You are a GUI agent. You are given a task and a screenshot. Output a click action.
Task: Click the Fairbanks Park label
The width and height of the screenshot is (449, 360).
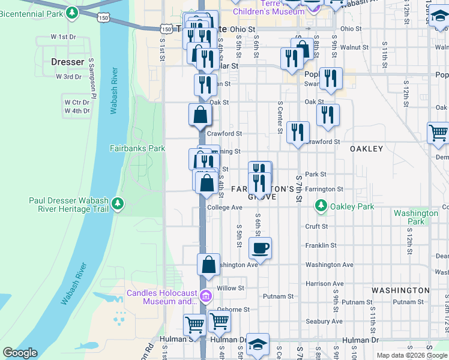137,148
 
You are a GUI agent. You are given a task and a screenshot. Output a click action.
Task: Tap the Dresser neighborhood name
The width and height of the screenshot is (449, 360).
67,62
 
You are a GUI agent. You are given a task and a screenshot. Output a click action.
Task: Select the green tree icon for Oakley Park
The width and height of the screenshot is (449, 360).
321,206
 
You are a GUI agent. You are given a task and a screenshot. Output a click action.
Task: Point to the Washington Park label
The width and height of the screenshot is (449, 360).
415,217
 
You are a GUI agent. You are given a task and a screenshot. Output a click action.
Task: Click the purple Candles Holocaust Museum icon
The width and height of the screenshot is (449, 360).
206,296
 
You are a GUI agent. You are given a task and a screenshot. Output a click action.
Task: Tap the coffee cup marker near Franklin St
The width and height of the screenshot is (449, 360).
260,247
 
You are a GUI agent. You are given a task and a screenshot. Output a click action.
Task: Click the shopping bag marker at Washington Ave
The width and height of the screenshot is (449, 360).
208,265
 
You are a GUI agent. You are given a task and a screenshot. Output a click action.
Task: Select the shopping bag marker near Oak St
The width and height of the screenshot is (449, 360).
200,114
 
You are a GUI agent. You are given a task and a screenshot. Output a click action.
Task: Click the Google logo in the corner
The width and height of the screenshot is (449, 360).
20,353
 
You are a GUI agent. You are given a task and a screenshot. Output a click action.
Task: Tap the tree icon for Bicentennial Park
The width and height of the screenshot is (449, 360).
72,12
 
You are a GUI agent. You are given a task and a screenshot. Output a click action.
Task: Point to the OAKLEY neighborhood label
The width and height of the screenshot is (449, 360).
366,149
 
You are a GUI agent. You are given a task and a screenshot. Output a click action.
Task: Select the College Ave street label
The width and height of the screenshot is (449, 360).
224,208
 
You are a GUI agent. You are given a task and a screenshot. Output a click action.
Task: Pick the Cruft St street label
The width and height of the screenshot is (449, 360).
316,227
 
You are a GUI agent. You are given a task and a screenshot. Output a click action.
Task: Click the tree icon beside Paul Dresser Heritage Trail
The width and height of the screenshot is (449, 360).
118,204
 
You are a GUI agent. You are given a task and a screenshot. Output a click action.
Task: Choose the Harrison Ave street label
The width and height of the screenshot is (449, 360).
324,284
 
